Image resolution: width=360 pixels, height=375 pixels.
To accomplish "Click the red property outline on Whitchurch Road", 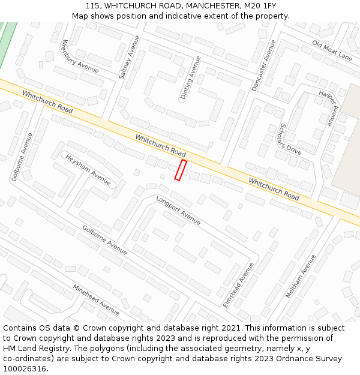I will point(181,170).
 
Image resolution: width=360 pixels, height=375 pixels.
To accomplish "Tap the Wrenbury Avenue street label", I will point(80,59).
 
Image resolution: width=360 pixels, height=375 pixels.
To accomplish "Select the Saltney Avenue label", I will point(130,58).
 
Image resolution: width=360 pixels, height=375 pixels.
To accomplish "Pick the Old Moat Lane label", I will point(332,51).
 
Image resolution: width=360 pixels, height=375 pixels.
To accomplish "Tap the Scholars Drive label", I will point(290,139).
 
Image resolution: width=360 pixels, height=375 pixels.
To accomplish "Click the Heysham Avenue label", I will point(88,169).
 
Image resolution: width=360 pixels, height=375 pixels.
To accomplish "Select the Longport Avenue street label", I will point(178,210).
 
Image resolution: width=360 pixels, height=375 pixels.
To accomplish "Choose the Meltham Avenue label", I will point(301,277).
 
